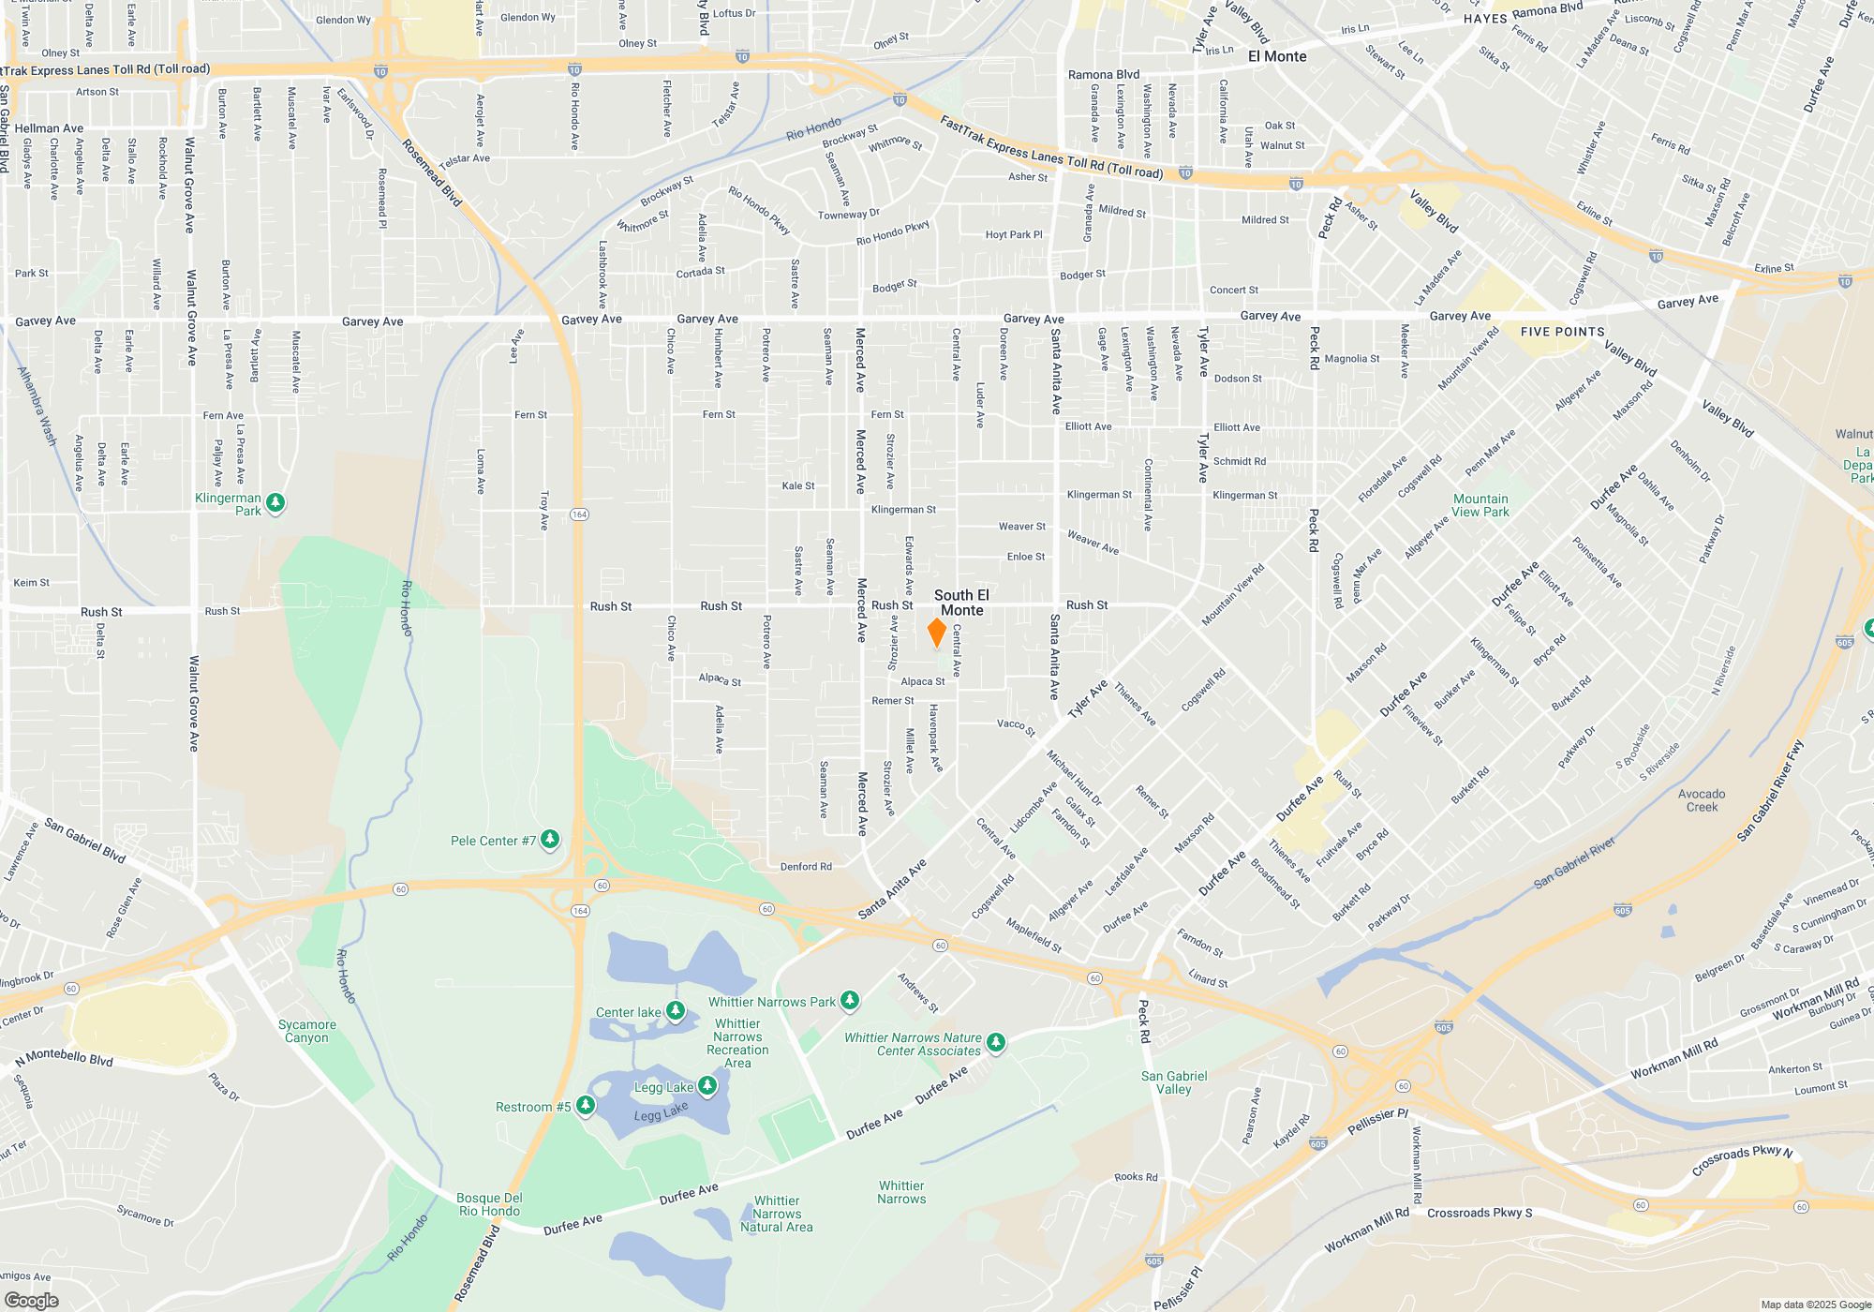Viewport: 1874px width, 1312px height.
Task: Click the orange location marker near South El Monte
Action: pyautogui.click(x=936, y=633)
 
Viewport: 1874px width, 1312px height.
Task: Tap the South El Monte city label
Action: pyautogui.click(x=961, y=603)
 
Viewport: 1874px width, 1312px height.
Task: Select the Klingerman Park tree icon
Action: pyautogui.click(x=275, y=503)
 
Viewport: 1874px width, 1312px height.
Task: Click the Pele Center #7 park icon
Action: pyautogui.click(x=550, y=840)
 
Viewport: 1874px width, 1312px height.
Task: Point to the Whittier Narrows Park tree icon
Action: pyautogui.click(x=850, y=1001)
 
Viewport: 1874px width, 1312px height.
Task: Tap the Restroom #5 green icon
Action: pyautogui.click(x=586, y=1106)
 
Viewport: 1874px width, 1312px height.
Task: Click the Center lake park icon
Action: pyautogui.click(x=676, y=1011)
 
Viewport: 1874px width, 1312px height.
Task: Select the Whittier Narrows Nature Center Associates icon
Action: pyautogui.click(x=996, y=1042)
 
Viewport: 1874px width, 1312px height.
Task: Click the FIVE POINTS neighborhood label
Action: pyautogui.click(x=1562, y=332)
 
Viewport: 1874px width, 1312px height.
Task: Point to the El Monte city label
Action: pyautogui.click(x=1276, y=56)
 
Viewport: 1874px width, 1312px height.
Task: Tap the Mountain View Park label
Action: pyautogui.click(x=1480, y=505)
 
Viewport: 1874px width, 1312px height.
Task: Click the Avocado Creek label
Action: pyautogui.click(x=1702, y=800)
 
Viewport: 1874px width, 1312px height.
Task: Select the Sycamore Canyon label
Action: pyautogui.click(x=307, y=1031)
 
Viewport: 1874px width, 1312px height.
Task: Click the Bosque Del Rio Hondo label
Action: pyautogui.click(x=489, y=1204)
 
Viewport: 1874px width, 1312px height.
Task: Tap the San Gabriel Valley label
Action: pyautogui.click(x=1174, y=1082)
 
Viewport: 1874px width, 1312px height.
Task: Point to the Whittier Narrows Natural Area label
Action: pyautogui.click(x=777, y=1214)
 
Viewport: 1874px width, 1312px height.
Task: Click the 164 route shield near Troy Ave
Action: pyautogui.click(x=579, y=514)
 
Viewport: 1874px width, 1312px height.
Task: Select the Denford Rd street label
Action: pyautogui.click(x=806, y=867)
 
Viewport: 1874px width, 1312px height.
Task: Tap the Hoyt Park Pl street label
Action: pyautogui.click(x=1013, y=235)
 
